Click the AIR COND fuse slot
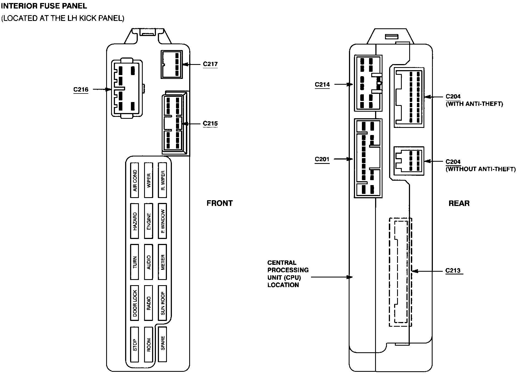[x=134, y=180]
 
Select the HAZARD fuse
[x=134, y=221]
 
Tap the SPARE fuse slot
[x=163, y=344]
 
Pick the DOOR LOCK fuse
[x=134, y=303]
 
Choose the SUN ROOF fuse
[x=163, y=303]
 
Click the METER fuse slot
[x=163, y=262]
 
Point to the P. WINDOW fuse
[x=163, y=221]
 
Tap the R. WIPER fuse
[x=163, y=180]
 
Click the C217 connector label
[x=210, y=64]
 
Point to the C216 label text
[x=81, y=89]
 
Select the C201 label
[x=322, y=159]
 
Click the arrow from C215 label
[x=191, y=124]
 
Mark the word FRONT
[x=220, y=203]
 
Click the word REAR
[x=459, y=203]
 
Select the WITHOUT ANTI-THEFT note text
[x=480, y=169]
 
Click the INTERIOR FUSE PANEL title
[x=44, y=5]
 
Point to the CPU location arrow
[x=332, y=277]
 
